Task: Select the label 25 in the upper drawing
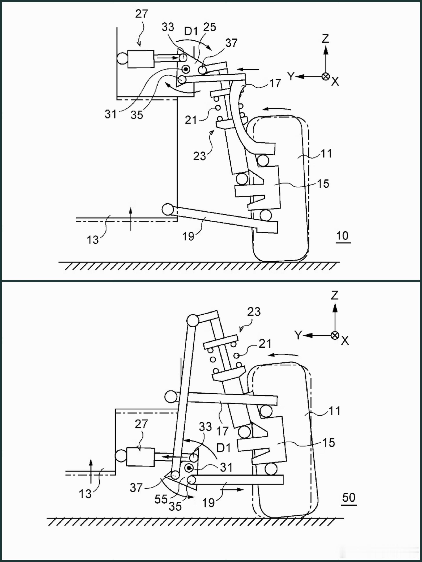point(210,27)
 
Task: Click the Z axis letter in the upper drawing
point(325,39)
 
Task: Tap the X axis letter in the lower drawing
point(345,341)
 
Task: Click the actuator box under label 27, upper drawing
point(141,59)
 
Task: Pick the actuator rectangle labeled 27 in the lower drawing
point(141,457)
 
